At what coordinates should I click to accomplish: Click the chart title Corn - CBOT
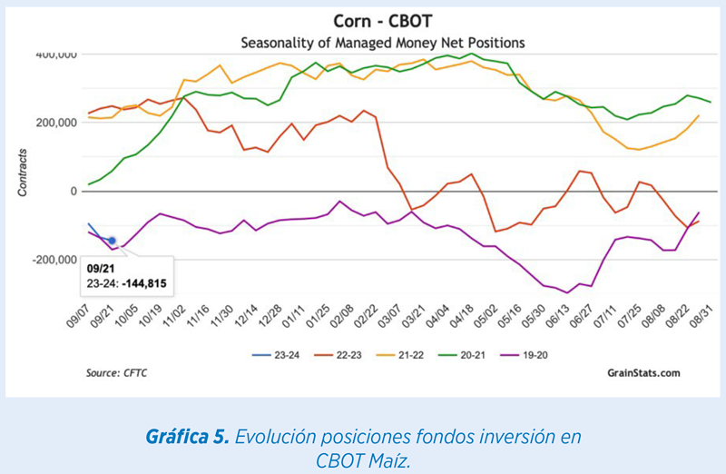(x=382, y=21)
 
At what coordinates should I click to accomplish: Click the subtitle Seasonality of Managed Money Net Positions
(x=382, y=43)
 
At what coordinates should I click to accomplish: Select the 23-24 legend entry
(x=276, y=355)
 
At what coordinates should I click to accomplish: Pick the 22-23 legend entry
(x=338, y=355)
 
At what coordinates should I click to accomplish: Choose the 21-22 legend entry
(x=399, y=355)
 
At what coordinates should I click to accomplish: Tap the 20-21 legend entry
(x=462, y=355)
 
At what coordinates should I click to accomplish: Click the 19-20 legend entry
(x=524, y=355)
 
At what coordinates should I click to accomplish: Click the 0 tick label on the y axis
(x=74, y=192)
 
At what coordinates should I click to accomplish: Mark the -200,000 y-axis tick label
(x=54, y=260)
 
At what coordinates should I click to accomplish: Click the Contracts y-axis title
(x=22, y=173)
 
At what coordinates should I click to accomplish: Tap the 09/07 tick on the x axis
(x=77, y=317)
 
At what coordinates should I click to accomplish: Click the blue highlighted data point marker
(x=112, y=241)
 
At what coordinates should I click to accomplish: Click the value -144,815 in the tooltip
(x=144, y=283)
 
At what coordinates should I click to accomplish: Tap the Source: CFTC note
(x=116, y=373)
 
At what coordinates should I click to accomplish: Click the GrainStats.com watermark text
(x=643, y=373)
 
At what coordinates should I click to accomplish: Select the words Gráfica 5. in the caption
(x=188, y=437)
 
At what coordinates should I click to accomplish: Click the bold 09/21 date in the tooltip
(x=101, y=269)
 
